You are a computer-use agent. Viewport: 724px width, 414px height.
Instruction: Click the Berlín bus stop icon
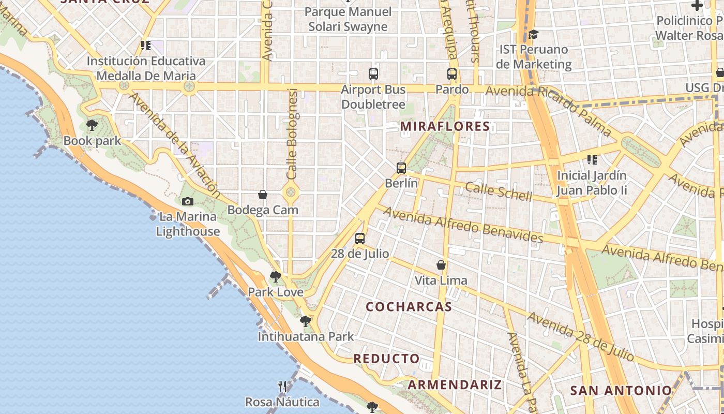click(401, 168)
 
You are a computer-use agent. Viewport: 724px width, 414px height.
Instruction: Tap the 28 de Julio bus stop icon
click(360, 239)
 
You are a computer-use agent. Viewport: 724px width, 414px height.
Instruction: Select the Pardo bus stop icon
click(452, 74)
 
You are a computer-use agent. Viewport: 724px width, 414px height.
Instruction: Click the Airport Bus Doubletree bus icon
click(373, 74)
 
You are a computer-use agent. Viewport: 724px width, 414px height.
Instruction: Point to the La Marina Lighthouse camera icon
click(188, 202)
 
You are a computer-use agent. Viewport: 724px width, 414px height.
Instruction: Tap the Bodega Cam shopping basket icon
click(263, 195)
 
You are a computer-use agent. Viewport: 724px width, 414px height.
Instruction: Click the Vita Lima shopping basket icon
click(441, 265)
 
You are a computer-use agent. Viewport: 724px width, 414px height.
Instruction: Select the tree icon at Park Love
click(276, 277)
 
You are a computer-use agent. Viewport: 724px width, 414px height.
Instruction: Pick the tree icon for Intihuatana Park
click(306, 321)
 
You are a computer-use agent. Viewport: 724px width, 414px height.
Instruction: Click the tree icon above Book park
click(92, 125)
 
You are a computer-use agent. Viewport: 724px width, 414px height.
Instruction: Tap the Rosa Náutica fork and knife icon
click(282, 387)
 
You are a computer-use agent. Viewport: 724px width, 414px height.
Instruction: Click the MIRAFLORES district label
click(445, 126)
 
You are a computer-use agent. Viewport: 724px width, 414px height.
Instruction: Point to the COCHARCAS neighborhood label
click(409, 306)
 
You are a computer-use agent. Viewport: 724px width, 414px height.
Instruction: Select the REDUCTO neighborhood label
click(386, 359)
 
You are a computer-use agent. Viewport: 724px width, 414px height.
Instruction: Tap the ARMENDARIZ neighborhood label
click(455, 385)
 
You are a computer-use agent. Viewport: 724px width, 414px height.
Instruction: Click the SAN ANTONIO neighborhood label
click(621, 390)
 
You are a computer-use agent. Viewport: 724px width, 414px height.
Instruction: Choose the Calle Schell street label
click(498, 191)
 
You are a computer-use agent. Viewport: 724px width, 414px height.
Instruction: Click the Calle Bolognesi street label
click(292, 135)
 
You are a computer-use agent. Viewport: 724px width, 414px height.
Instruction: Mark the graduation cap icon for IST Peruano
click(533, 35)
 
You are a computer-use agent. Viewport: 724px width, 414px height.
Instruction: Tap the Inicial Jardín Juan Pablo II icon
click(592, 160)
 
